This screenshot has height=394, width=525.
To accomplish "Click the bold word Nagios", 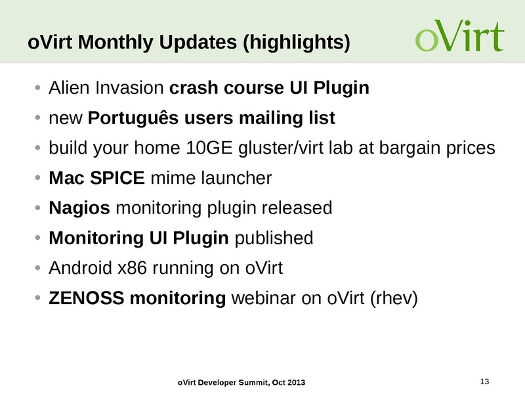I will tap(79, 208).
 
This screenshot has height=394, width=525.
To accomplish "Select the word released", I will tap(297, 208).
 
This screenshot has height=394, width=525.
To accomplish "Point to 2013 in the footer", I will tap(295, 383).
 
